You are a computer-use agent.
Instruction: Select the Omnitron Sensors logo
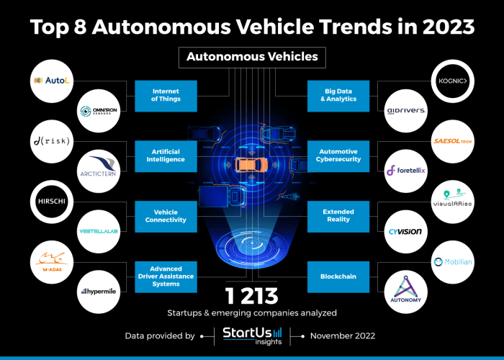[99, 111]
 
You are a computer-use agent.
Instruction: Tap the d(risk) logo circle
[52, 140]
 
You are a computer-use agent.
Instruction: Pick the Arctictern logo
[99, 171]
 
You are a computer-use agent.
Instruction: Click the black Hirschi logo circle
[52, 201]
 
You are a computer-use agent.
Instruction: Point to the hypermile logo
[99, 292]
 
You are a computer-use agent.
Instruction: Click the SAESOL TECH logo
[451, 140]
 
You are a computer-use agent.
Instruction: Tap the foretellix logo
[405, 171]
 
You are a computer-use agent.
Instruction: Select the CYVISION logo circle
[405, 231]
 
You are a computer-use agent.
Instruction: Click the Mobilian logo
[451, 261]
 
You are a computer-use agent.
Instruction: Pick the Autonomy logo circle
[405, 292]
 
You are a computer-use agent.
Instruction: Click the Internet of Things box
[166, 96]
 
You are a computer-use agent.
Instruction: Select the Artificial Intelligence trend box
[166, 156]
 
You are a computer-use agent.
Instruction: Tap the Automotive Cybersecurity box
[338, 156]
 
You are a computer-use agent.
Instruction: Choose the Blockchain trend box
[338, 276]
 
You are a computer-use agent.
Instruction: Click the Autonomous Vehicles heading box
[252, 56]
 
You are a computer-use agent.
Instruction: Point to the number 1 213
[252, 296]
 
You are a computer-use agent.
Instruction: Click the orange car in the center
[248, 165]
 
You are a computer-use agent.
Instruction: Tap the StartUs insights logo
[251, 336]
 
